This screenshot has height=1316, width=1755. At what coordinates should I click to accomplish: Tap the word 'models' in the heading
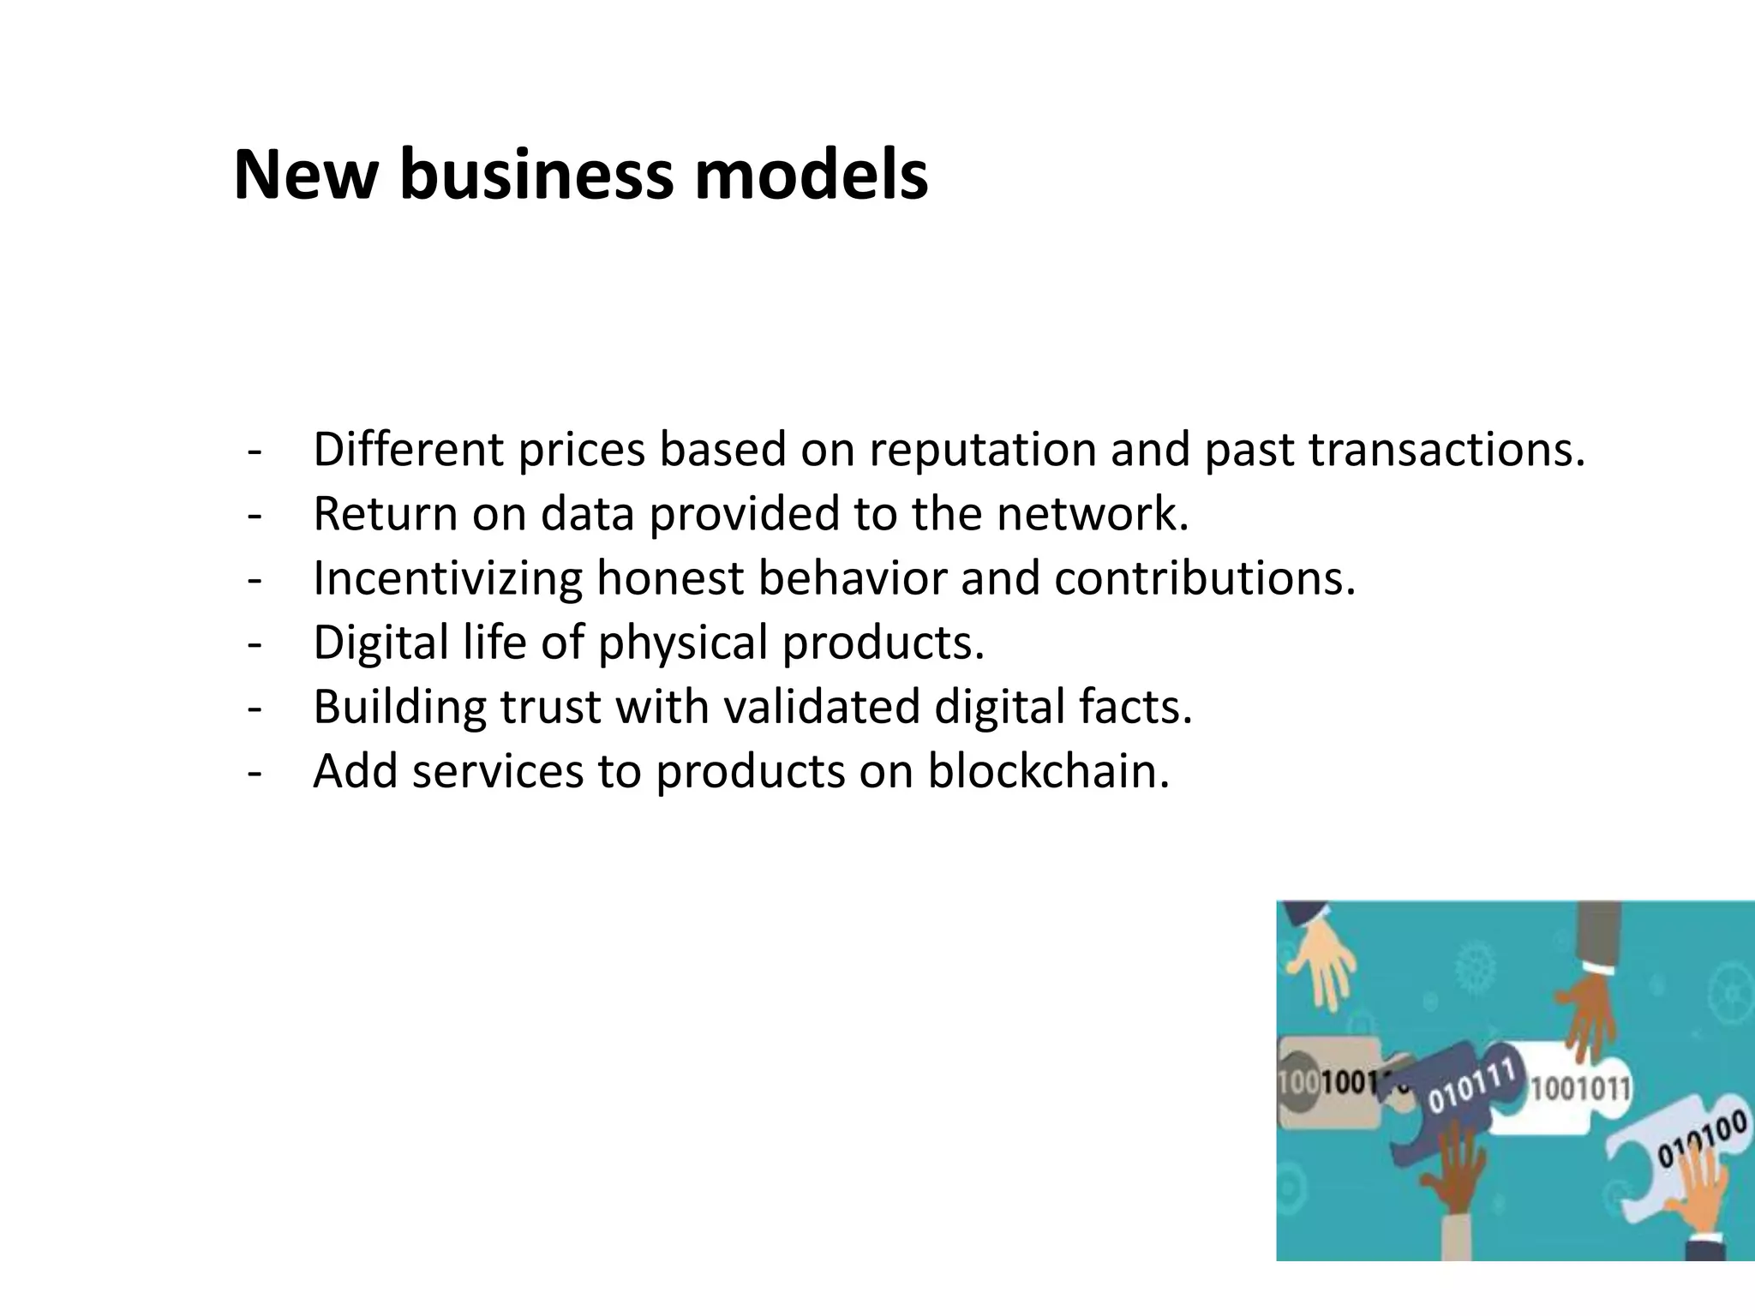[x=810, y=176]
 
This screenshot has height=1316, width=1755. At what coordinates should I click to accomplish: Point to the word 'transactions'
[x=1447, y=450]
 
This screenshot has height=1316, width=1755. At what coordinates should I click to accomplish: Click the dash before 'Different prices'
[x=254, y=452]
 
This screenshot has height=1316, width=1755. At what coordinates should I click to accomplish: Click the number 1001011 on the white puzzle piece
[x=1580, y=1089]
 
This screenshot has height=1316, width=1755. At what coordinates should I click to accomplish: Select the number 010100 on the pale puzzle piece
[x=1701, y=1138]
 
